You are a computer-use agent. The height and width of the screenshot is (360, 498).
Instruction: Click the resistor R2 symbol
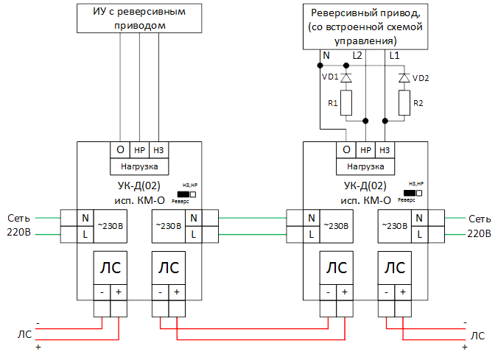(404, 104)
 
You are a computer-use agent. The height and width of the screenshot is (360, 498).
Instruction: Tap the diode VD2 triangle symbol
(404, 77)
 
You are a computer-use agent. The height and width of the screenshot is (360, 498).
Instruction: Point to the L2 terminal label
(357, 56)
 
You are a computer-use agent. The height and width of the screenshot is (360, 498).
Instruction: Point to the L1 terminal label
(394, 56)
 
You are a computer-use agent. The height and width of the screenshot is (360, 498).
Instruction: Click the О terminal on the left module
(120, 150)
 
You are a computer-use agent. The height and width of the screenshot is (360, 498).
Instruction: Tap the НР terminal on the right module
(365, 150)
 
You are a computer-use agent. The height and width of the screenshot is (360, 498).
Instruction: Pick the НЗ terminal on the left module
(159, 150)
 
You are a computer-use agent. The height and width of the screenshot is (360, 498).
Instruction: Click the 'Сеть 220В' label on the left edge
(19, 226)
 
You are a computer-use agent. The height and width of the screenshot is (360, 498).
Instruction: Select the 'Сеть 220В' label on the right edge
(479, 226)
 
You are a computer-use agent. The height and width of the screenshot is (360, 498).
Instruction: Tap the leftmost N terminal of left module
(85, 218)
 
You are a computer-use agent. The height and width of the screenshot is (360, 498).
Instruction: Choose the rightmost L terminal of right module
(420, 233)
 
